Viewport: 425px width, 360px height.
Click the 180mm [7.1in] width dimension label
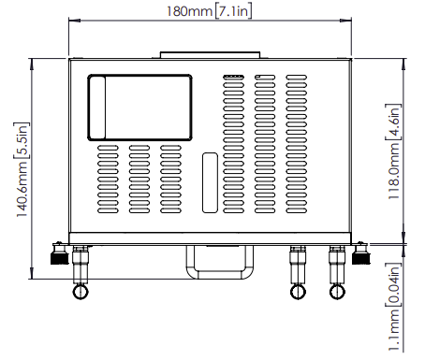209,11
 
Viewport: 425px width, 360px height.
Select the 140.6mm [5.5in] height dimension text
22,169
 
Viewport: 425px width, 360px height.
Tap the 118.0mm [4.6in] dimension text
393,151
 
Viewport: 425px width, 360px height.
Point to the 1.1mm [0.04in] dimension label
393,307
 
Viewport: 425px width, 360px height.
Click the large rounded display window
139,75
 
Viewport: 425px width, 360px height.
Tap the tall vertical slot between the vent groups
210,182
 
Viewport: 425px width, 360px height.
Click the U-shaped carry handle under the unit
220,276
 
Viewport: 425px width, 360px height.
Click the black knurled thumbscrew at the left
59,258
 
